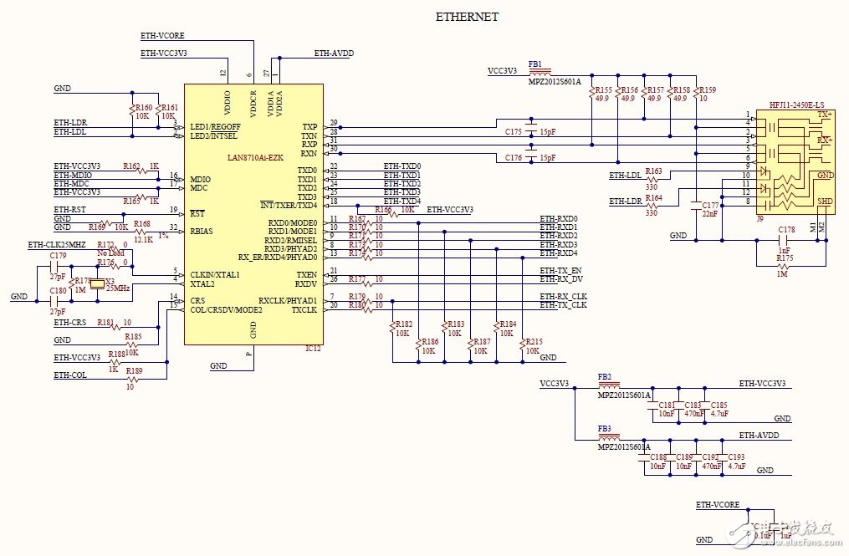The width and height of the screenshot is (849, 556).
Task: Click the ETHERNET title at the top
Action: [x=467, y=17]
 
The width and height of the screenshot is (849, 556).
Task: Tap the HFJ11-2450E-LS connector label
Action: [x=795, y=105]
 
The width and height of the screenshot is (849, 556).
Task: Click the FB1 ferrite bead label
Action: [x=535, y=64]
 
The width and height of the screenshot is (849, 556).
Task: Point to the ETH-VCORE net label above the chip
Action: [x=162, y=36]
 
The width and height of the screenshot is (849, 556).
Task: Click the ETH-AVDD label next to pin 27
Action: [x=334, y=53]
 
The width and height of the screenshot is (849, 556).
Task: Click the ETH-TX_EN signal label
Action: [x=560, y=271]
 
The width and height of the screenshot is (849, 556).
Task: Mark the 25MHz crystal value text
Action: [x=116, y=288]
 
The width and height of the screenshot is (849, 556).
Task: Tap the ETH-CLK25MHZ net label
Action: [x=56, y=245]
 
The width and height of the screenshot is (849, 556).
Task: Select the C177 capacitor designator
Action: [x=710, y=205]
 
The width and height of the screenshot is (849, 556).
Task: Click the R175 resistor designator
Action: [x=784, y=258]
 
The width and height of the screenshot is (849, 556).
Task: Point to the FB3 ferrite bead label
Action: [x=604, y=428]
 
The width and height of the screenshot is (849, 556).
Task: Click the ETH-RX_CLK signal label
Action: [x=563, y=297]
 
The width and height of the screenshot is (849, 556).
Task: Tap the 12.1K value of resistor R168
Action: [x=143, y=239]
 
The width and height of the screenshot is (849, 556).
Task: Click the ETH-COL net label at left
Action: [x=70, y=375]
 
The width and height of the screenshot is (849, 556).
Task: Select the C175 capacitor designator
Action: [x=513, y=132]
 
